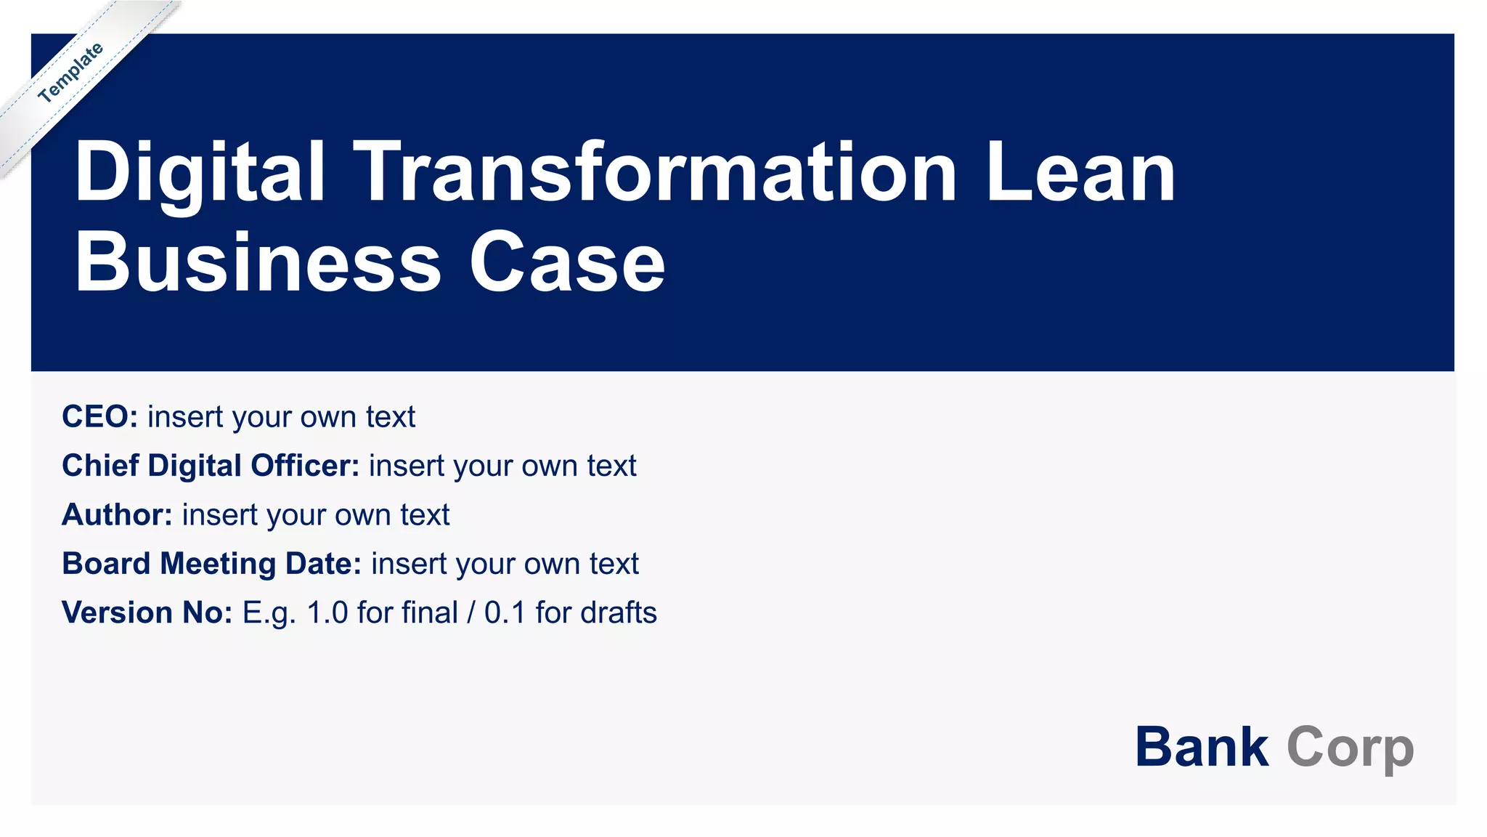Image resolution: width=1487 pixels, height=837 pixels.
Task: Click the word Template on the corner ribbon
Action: pos(70,73)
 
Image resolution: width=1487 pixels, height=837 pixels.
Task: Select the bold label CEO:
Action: pos(99,417)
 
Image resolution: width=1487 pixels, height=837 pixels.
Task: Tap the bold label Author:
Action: pos(117,514)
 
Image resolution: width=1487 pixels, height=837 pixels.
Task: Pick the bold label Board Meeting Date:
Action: pos(211,564)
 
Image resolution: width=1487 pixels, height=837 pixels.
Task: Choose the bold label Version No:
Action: pos(147,612)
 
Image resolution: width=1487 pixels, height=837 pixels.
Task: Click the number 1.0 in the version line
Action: pos(327,612)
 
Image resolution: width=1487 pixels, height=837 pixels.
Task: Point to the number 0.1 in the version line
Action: pos(505,612)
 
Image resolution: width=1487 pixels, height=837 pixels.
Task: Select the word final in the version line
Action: pos(428,612)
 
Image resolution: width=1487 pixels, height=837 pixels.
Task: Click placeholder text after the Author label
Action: pos(316,514)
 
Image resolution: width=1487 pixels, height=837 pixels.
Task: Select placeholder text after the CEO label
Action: pos(281,417)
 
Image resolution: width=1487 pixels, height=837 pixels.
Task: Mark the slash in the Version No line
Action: pos(471,612)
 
